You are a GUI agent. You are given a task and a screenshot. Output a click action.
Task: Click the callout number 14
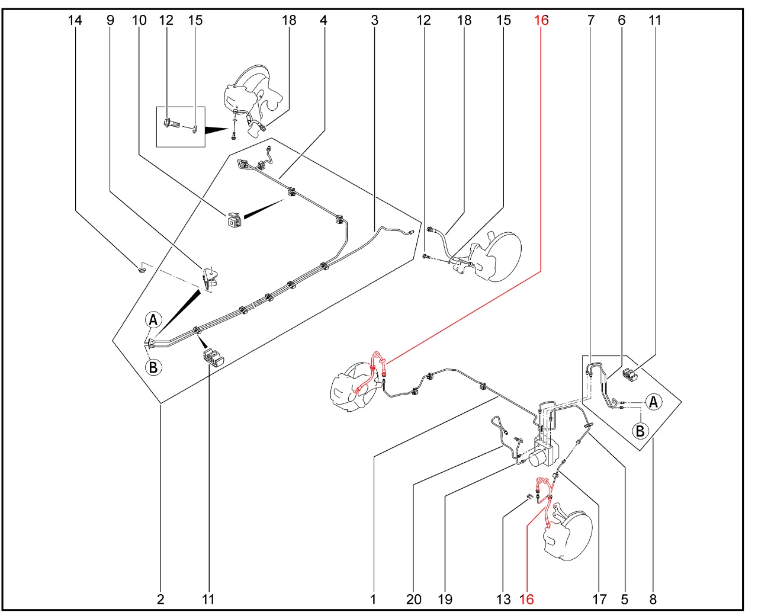[75, 20]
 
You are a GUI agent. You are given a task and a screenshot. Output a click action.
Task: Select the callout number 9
[110, 20]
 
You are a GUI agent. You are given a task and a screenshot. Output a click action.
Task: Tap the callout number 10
[139, 20]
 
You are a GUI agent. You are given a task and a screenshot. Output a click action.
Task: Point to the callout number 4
[323, 20]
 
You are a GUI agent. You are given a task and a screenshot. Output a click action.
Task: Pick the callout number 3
[374, 20]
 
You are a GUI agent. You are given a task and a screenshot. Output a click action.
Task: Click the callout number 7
[590, 20]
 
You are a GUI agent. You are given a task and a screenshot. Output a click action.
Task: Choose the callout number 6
[621, 20]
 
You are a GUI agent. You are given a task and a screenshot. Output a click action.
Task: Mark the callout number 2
[160, 599]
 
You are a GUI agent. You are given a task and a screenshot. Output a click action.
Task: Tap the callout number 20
[413, 599]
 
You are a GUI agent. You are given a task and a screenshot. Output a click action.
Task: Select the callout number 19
[445, 599]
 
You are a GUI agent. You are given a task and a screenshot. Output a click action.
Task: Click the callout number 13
[503, 599]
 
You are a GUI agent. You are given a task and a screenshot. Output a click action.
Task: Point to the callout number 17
[599, 599]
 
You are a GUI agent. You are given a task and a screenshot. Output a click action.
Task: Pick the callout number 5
[624, 599]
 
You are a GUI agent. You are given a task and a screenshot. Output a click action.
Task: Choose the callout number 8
[653, 599]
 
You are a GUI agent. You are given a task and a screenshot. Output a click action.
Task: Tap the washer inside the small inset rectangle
[195, 128]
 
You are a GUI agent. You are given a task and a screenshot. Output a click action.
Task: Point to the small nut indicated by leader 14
[141, 270]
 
